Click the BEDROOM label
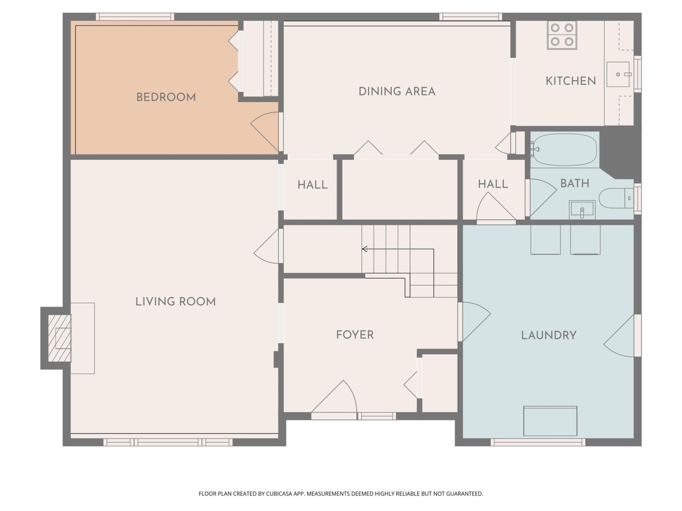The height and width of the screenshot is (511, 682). pyautogui.click(x=166, y=97)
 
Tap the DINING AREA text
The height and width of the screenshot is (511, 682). pyautogui.click(x=396, y=91)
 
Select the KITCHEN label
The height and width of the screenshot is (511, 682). pyautogui.click(x=570, y=81)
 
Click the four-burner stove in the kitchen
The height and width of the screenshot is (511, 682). pyautogui.click(x=561, y=35)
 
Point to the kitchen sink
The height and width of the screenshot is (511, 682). pyautogui.click(x=618, y=74)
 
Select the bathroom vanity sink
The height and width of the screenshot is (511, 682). pyautogui.click(x=582, y=210)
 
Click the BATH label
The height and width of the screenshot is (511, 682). pyautogui.click(x=575, y=184)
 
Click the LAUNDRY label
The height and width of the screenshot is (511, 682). pyautogui.click(x=549, y=335)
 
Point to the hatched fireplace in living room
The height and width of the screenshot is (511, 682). pyautogui.click(x=59, y=338)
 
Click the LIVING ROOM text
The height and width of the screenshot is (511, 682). pyautogui.click(x=175, y=301)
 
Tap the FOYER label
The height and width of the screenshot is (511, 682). pyautogui.click(x=355, y=335)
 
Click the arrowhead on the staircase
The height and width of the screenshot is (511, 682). pyautogui.click(x=364, y=249)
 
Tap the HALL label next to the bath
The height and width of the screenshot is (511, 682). pyautogui.click(x=493, y=184)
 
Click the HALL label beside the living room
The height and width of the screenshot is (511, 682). pyautogui.click(x=312, y=185)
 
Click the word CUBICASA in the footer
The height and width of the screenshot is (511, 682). pyautogui.click(x=278, y=494)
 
